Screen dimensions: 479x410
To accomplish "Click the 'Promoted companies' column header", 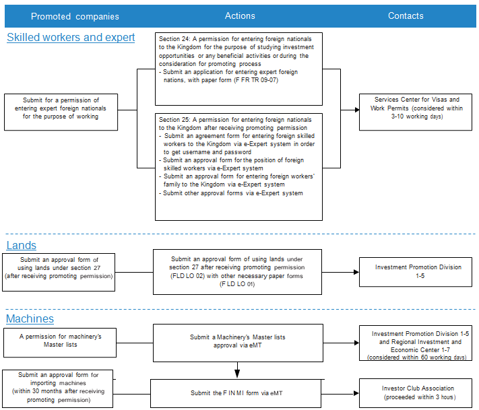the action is (x=75, y=16).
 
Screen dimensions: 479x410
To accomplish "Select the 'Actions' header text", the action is (x=240, y=15).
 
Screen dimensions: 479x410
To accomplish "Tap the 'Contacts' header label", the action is (x=406, y=15).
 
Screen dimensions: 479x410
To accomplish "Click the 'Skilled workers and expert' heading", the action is (x=71, y=37).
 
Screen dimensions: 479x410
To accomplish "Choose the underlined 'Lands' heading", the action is (x=22, y=246).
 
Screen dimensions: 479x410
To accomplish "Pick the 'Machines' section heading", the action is (x=30, y=318).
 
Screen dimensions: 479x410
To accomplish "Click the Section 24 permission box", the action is (x=238, y=69).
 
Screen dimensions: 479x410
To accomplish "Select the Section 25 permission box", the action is (x=238, y=167).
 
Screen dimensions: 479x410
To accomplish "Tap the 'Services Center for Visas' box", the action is (x=416, y=112).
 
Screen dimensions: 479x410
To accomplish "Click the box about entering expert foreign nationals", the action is (x=61, y=112).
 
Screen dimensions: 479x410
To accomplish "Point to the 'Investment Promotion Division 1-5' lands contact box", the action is (x=416, y=272).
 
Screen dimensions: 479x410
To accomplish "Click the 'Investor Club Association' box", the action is (x=416, y=393).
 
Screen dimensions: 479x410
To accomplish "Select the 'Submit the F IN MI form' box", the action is (x=236, y=394).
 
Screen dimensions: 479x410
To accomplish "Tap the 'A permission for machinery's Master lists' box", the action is (x=60, y=343).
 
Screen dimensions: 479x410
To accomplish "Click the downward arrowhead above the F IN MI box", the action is (x=237, y=374).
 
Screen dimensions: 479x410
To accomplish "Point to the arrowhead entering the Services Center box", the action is (x=357, y=110).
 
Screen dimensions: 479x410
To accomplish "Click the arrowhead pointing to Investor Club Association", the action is (x=356, y=393).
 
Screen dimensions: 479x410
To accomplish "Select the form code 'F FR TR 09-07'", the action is (x=256, y=80).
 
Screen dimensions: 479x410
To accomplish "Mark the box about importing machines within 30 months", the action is (x=57, y=388).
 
